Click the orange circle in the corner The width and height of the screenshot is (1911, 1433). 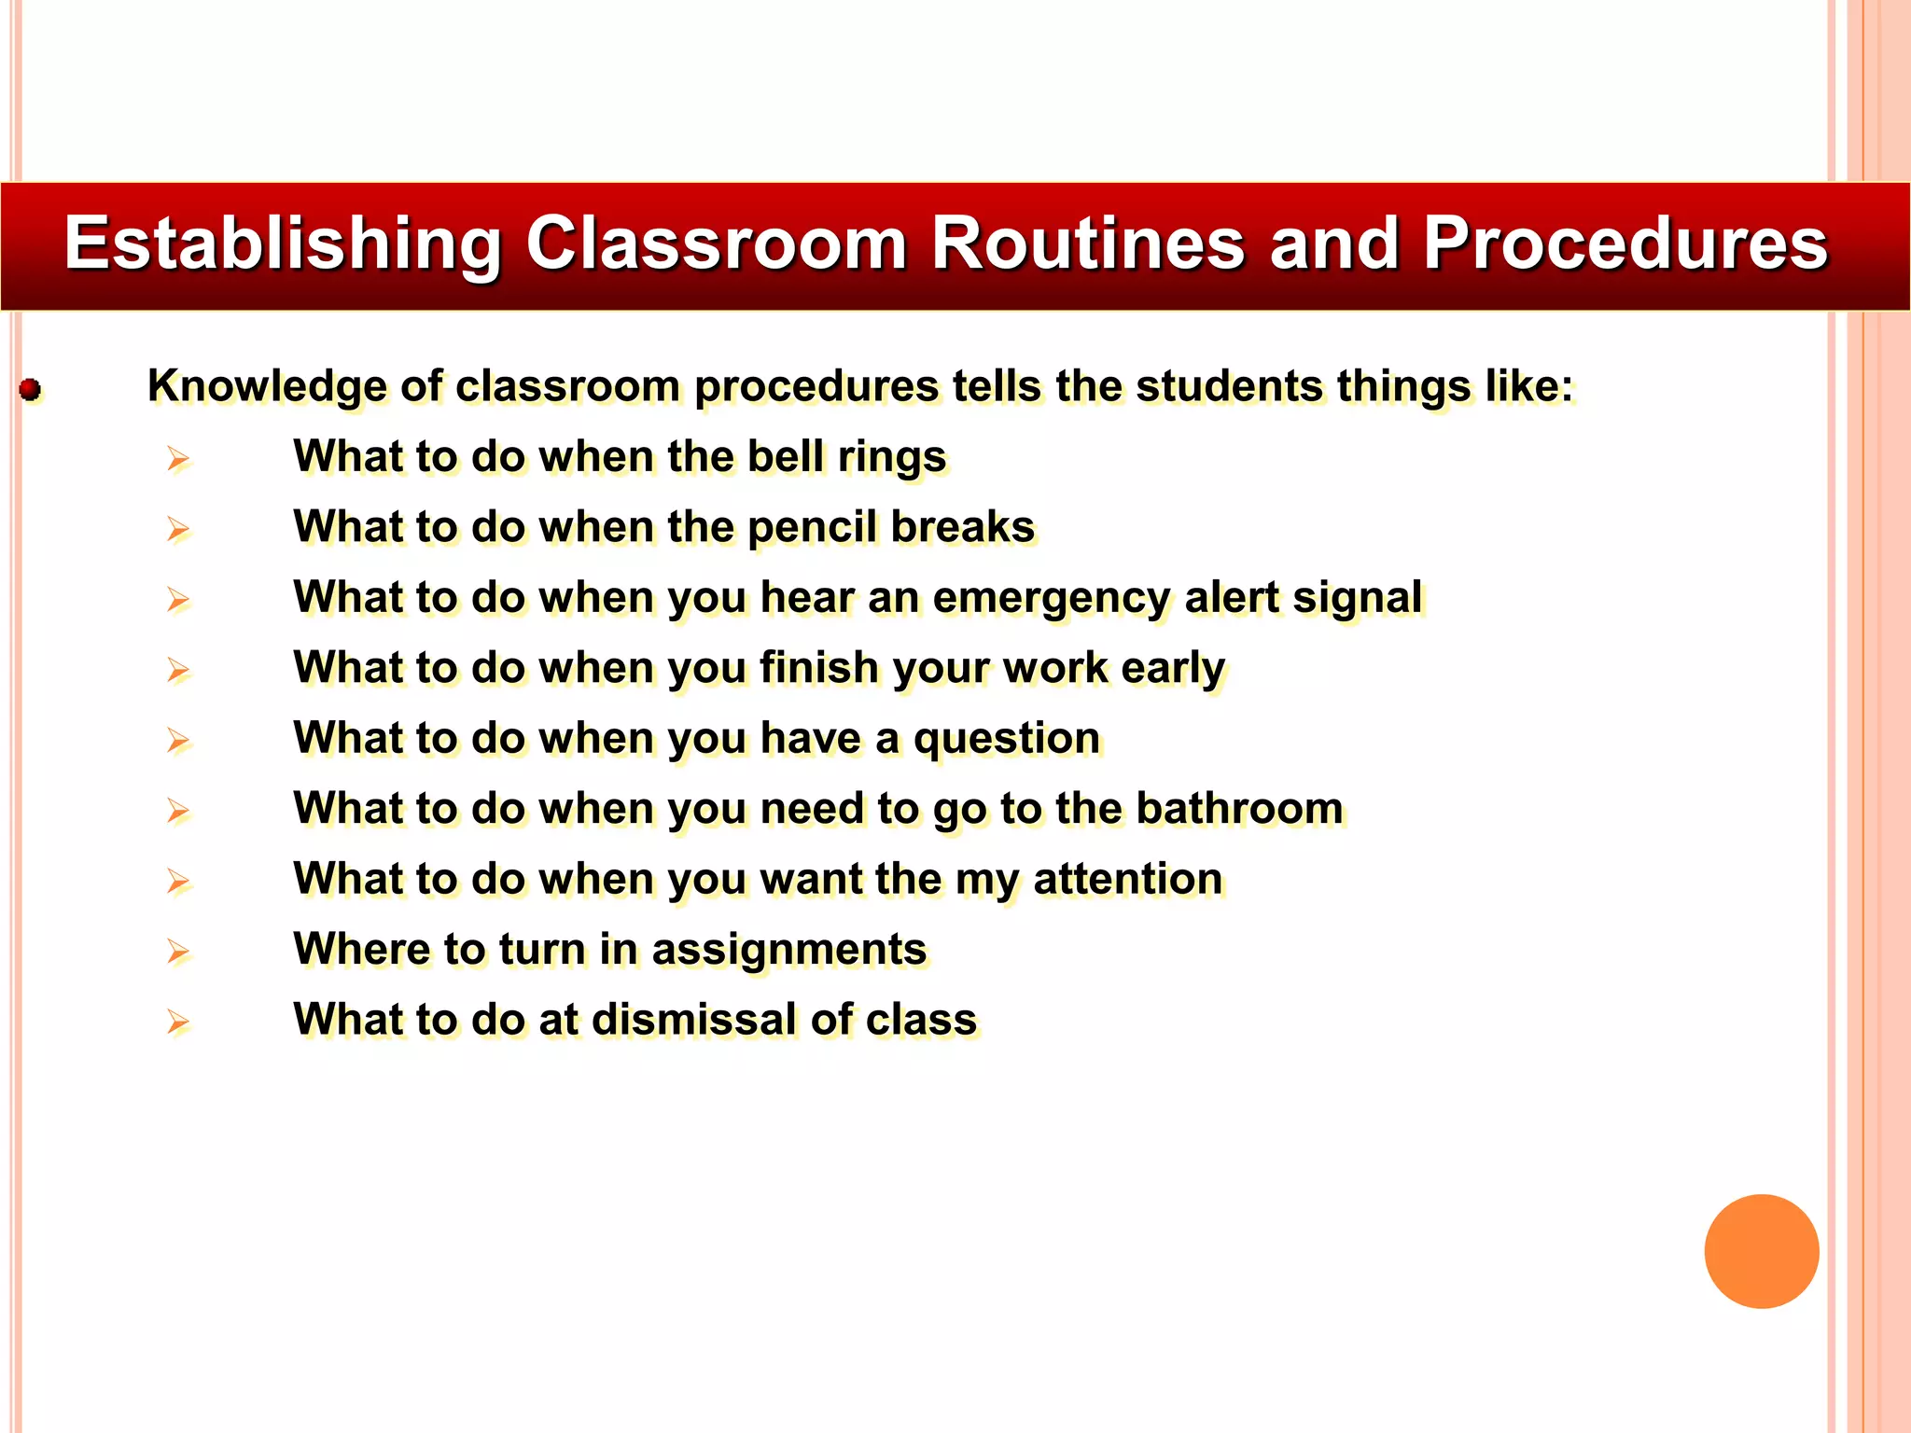[1761, 1251]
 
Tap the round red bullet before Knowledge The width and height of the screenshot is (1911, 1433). [31, 389]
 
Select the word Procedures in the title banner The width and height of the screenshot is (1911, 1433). [1625, 244]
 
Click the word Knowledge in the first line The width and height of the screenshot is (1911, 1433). [267, 387]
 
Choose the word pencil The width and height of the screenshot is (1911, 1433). [812, 528]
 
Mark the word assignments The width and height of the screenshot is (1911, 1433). [788, 950]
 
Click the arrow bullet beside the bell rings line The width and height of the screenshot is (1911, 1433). [178, 459]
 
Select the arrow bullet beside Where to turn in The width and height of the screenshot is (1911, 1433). [178, 952]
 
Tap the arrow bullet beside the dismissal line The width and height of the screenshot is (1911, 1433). [178, 1023]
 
